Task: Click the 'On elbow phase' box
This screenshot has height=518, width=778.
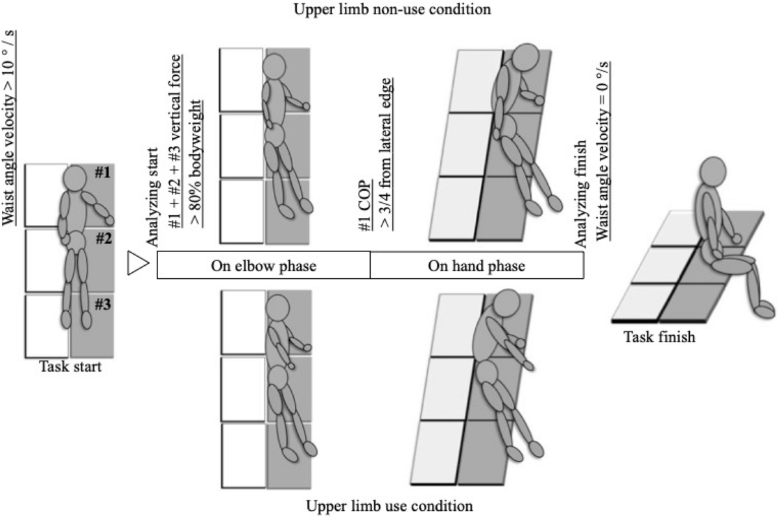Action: pyautogui.click(x=263, y=265)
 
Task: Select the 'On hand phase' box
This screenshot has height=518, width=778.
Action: pyautogui.click(x=477, y=265)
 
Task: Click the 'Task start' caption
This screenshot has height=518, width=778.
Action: pyautogui.click(x=69, y=367)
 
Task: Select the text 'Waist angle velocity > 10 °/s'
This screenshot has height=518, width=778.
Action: pyautogui.click(x=11, y=123)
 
